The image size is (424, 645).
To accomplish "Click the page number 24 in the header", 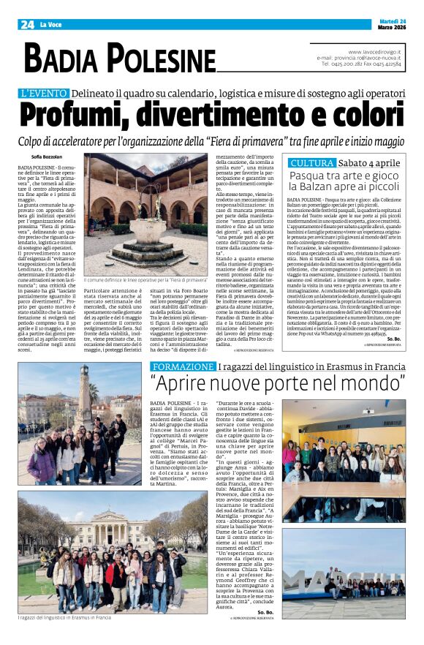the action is (x=27, y=24).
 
